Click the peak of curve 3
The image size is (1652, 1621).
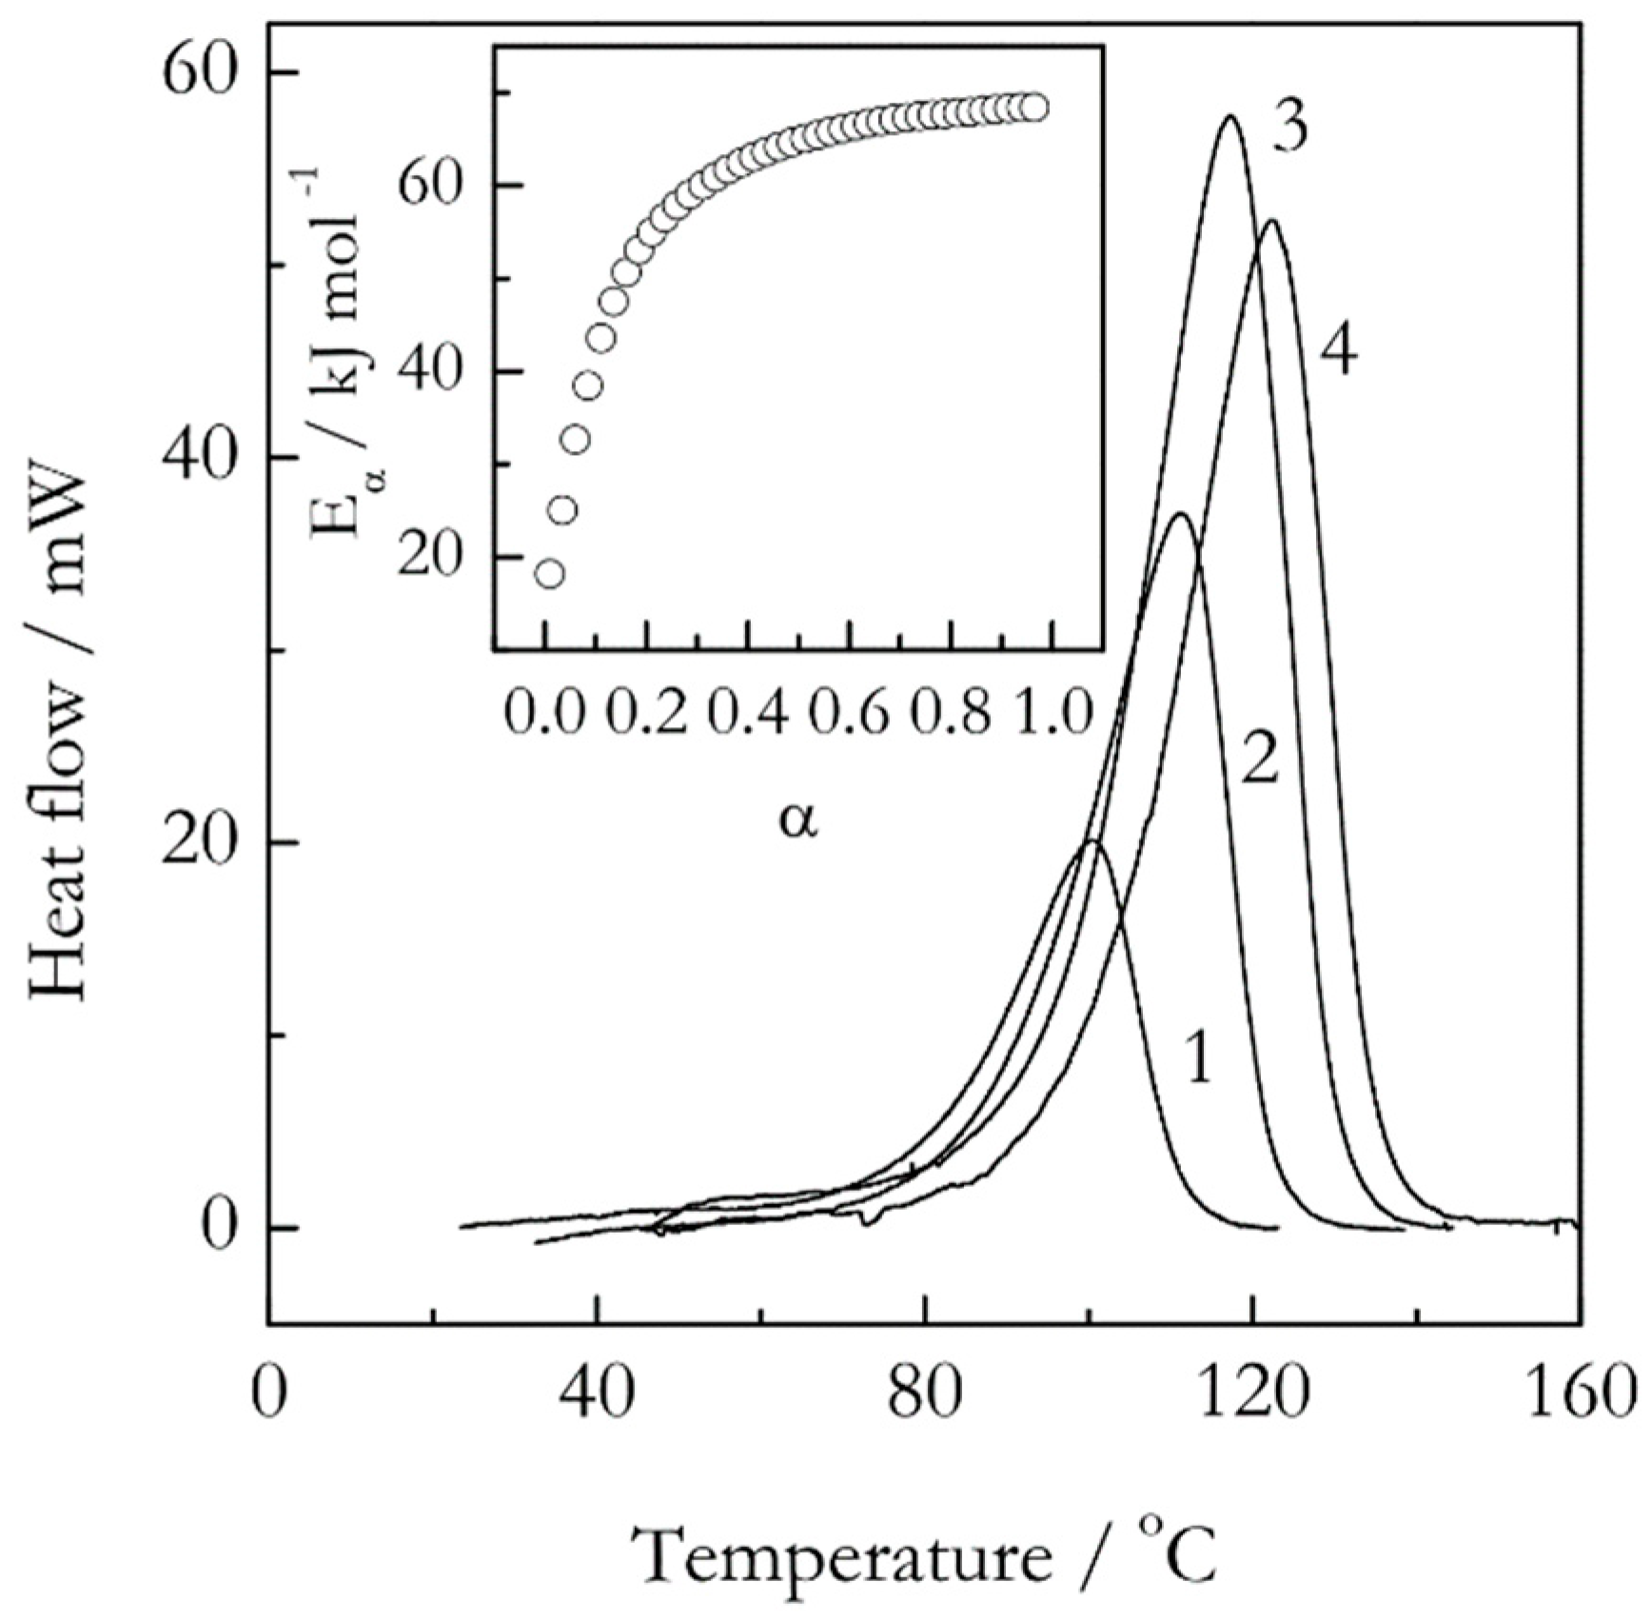point(1230,117)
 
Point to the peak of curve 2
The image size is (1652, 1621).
point(1180,514)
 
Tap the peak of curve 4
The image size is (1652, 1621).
point(1271,222)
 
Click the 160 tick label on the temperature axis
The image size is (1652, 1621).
point(1581,1394)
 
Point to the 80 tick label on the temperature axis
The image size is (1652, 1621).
point(924,1394)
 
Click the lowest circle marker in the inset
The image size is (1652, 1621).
point(549,573)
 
